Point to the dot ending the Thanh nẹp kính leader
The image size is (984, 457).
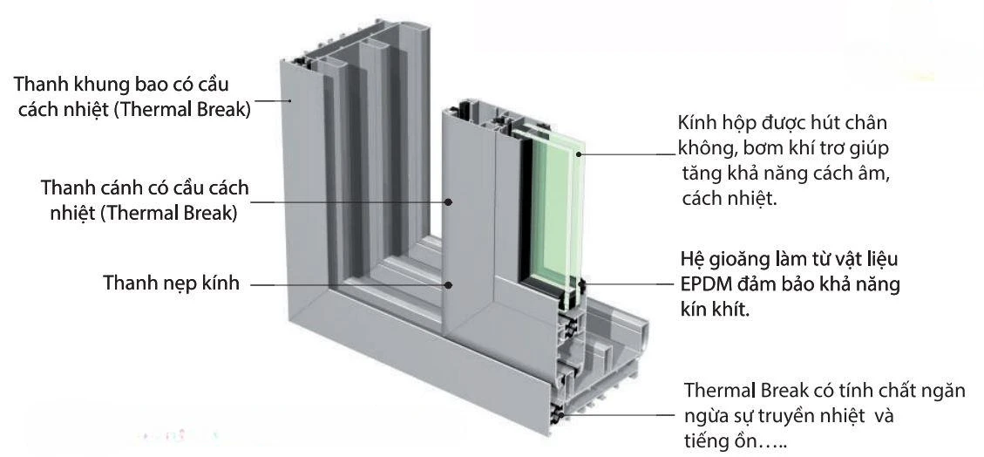click(x=448, y=284)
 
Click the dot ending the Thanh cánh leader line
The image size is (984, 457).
click(x=448, y=201)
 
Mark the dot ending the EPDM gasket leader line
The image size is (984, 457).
click(x=582, y=284)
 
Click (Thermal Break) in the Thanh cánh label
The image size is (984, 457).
click(x=168, y=213)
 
